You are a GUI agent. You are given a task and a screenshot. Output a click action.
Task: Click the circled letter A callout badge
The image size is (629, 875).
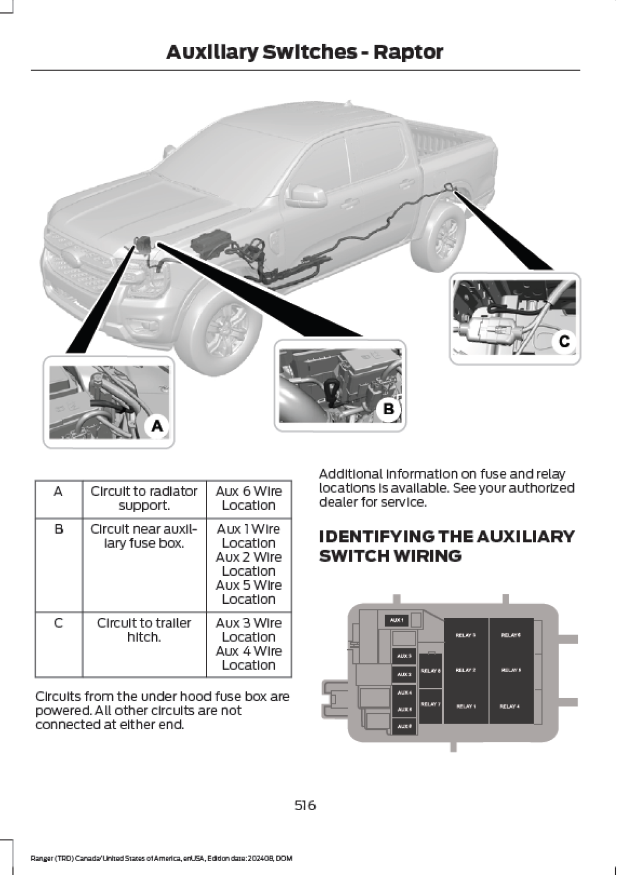coord(157,425)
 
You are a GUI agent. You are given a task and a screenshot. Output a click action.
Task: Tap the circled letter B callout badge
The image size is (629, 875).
coord(388,409)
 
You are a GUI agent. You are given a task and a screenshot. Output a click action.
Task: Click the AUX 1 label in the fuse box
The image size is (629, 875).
coord(396,620)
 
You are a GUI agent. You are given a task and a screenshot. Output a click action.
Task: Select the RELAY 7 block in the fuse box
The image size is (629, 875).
coord(430,704)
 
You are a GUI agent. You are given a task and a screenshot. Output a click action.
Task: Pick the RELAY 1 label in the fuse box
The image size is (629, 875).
coord(466,706)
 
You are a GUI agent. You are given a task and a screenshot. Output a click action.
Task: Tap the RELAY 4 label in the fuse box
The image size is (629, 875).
coord(510,706)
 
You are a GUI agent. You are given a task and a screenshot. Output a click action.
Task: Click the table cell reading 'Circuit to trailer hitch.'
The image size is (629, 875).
coord(144,630)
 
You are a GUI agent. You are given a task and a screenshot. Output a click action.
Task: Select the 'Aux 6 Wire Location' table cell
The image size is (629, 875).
coord(249,498)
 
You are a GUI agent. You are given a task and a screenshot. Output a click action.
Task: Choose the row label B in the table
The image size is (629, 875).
coord(59,529)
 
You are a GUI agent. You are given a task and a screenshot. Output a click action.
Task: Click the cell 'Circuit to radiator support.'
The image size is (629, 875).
coord(144,498)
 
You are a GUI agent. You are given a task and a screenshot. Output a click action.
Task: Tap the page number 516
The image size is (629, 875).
coord(305,805)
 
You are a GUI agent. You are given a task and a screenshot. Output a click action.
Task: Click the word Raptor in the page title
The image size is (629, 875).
coord(408,52)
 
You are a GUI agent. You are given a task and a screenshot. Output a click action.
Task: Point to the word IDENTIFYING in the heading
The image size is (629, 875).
coord(376,536)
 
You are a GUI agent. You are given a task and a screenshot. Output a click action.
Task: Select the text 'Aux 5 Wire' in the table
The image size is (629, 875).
coord(249,585)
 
